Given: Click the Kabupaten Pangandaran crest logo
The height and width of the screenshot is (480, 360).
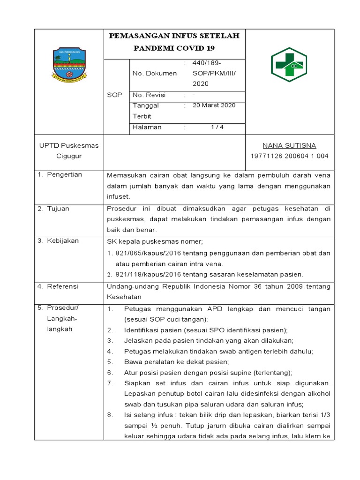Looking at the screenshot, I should coord(69,65).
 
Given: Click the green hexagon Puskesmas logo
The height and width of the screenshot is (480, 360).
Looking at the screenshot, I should coord(289,65).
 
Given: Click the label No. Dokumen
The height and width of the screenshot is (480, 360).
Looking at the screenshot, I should coord(155,73).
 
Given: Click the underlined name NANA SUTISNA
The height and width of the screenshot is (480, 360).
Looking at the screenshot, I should coord(289,145).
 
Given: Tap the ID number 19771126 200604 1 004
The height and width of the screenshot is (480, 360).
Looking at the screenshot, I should coord(290,156).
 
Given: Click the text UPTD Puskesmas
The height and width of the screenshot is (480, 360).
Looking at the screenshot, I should coord(68,145).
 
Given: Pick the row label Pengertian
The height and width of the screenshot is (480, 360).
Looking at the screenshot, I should coord(64,174).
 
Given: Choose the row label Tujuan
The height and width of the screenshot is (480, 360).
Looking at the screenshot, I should coord(58,208).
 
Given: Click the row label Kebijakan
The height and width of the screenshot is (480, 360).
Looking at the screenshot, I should coord(63,241).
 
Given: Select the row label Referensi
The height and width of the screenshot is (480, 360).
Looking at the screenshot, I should coord(63,286).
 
